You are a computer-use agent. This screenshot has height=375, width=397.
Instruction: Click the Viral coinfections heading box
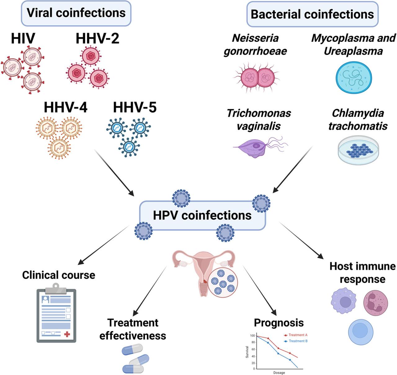[x=76, y=13]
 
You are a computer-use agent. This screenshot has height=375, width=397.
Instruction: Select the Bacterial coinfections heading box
[x=312, y=14]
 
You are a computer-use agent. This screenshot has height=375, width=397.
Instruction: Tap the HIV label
[x=23, y=39]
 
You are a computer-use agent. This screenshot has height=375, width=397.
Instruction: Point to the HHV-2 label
[x=97, y=39]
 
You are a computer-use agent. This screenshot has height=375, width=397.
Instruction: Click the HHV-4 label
[x=65, y=107]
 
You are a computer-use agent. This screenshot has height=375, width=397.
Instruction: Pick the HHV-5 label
[x=135, y=107]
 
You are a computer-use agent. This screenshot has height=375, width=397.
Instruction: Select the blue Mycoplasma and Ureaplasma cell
[x=354, y=78]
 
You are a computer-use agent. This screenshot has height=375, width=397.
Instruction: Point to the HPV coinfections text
[x=202, y=215]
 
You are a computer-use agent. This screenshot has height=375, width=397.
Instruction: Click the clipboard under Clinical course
[x=56, y=315]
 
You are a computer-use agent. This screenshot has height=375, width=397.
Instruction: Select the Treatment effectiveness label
[x=133, y=329]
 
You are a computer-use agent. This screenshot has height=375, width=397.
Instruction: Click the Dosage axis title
[x=279, y=373]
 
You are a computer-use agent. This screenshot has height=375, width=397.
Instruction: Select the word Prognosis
[x=279, y=323]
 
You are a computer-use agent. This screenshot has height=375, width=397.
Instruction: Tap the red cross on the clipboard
[x=67, y=334]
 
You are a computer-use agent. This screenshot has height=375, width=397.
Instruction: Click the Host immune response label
[x=362, y=273]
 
